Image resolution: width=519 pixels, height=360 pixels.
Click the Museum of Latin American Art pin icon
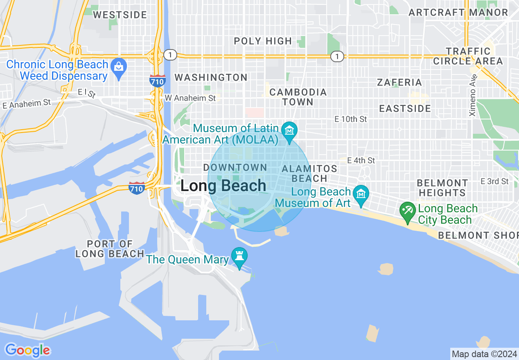point(290,131)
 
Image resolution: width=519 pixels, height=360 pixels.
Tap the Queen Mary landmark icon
point(239,256)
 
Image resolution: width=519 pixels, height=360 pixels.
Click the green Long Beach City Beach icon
point(408,211)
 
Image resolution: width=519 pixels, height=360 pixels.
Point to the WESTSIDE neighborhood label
point(120,15)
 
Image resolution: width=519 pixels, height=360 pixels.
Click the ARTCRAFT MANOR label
point(458,12)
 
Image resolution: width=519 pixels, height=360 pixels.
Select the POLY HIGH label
point(263,41)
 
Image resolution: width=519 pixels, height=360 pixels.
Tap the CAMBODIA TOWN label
point(298,97)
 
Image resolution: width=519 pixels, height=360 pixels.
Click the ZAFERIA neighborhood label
point(399,82)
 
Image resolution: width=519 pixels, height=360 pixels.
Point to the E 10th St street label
point(351,119)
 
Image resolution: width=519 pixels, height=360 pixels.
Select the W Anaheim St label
point(190,98)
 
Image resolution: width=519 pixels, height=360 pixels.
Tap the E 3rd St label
point(494,181)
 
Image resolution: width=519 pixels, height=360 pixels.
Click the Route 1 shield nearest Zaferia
point(337,56)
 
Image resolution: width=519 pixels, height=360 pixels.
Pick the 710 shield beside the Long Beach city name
point(136,188)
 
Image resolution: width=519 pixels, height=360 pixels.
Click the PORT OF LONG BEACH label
point(110,249)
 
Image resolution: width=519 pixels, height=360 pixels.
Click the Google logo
point(27,351)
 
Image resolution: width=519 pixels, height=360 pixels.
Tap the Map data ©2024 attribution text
point(484,353)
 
